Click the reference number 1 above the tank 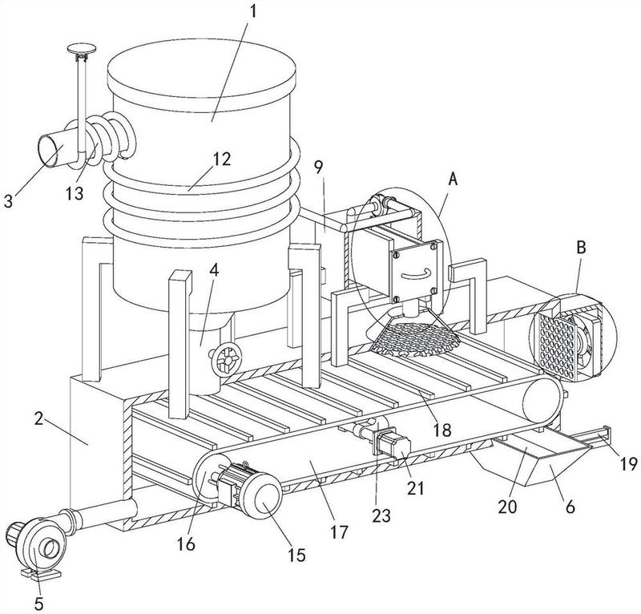[253, 11]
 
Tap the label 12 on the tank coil [222, 160]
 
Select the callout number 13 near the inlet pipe [75, 193]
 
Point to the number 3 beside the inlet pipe [8, 200]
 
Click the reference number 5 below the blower [39, 604]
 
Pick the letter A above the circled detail [453, 179]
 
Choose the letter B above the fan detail [581, 247]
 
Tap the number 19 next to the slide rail [628, 464]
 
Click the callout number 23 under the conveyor [381, 516]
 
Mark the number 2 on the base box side [38, 418]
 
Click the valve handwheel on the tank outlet [226, 358]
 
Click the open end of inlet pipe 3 [48, 150]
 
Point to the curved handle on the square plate [416, 273]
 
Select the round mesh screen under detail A [415, 339]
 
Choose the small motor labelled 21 [393, 447]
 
